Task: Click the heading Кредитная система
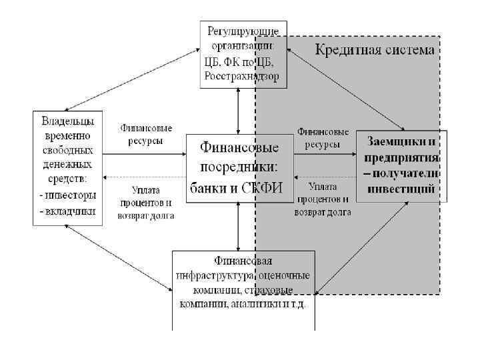pyautogui.click(x=375, y=49)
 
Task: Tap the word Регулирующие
pyautogui.click(x=243, y=31)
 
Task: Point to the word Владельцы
pyautogui.click(x=67, y=121)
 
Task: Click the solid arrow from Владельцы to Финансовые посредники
pyautogui.click(x=143, y=153)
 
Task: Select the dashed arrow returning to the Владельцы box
pyautogui.click(x=143, y=177)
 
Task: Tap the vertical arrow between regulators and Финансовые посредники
pyautogui.click(x=239, y=111)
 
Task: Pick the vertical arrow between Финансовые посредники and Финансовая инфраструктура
pyautogui.click(x=239, y=226)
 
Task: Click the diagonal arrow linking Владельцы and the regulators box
pyautogui.click(x=133, y=78)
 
